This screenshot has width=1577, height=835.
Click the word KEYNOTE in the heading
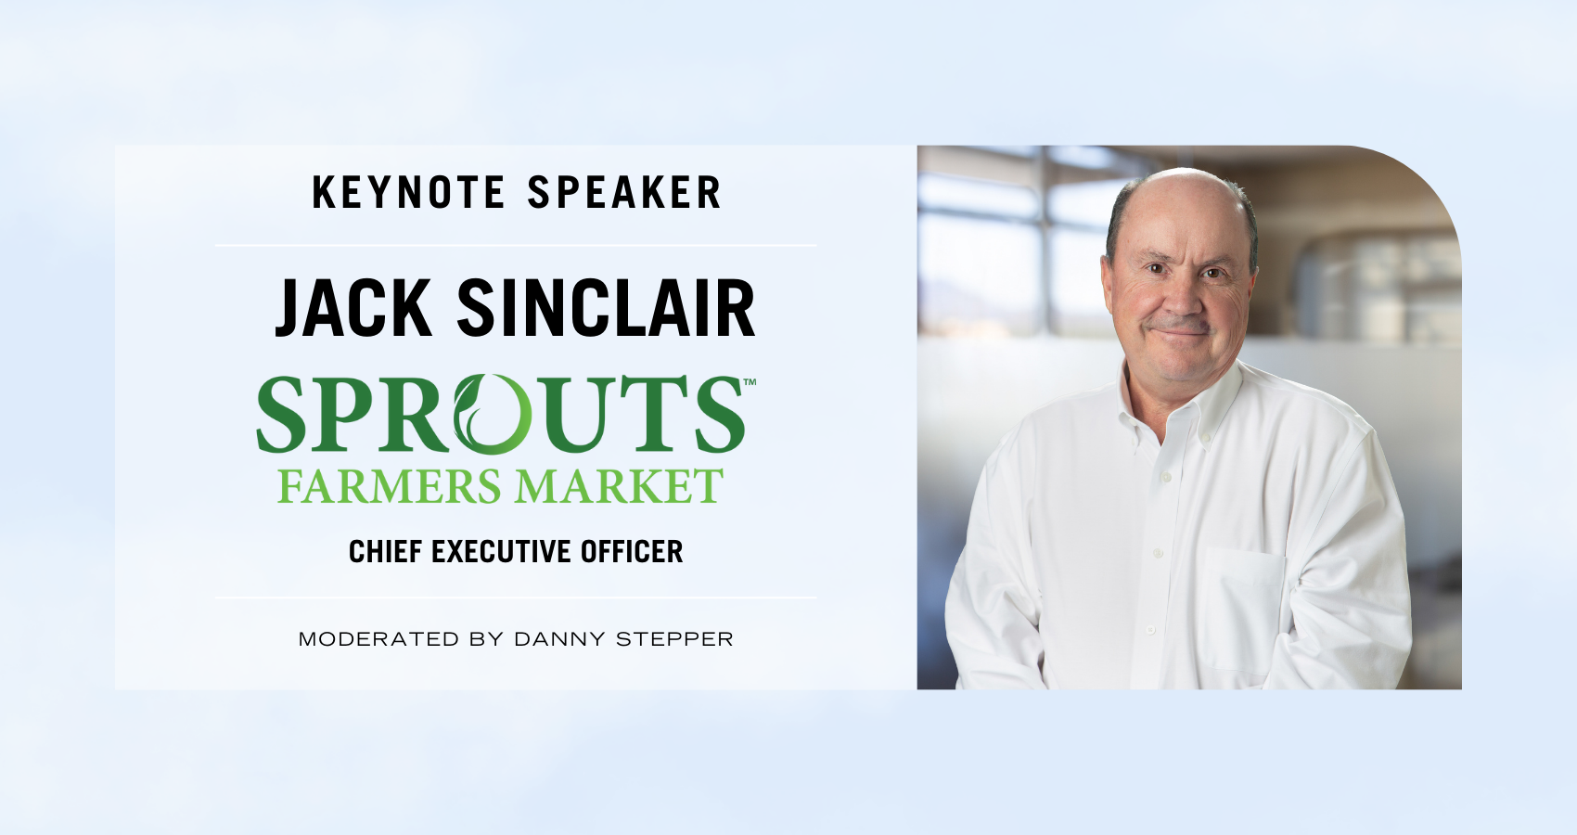point(409,192)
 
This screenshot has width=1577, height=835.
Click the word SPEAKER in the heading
point(625,192)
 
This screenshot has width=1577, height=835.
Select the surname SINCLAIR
point(606,308)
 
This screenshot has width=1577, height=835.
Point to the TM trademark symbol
point(750,382)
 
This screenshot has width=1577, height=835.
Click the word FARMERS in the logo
point(390,486)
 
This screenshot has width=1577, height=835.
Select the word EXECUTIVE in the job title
point(501,551)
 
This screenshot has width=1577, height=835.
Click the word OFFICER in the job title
point(632,551)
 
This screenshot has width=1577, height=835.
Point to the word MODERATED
point(378,639)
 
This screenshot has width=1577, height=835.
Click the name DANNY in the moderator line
point(559,639)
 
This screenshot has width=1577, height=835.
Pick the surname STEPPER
point(674,639)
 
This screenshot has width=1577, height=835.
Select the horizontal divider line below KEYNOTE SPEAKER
point(516,245)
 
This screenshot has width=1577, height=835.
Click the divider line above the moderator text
point(516,597)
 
